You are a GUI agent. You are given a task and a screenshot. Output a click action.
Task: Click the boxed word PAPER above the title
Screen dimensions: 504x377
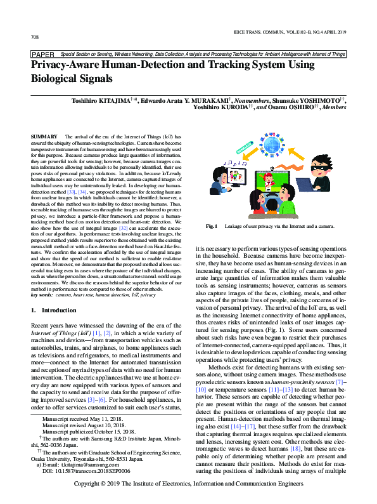pos(42,55)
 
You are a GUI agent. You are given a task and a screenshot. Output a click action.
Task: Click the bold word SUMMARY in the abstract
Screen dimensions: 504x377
pos(44,137)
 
